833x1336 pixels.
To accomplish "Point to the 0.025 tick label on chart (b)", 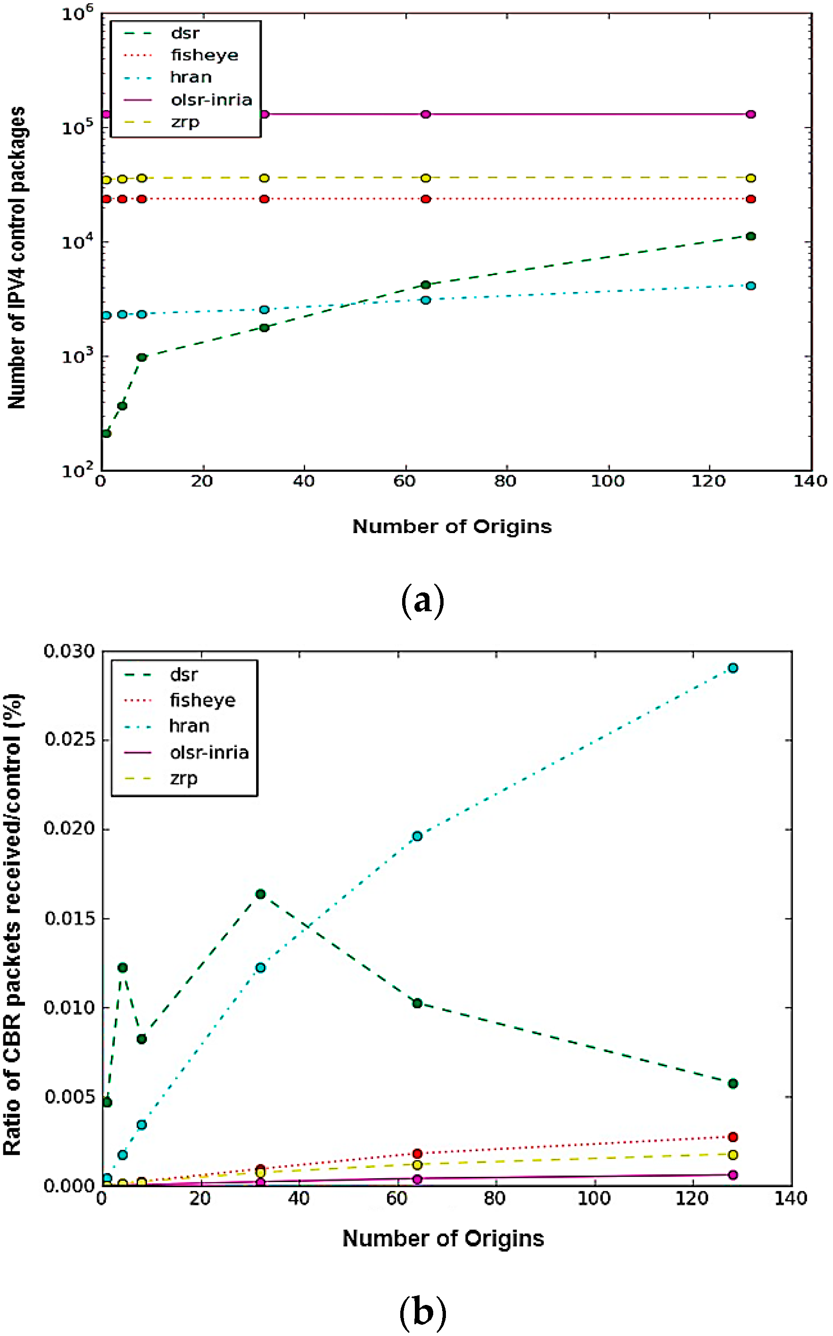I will (69, 739).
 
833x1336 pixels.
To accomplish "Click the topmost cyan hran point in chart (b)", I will (732, 668).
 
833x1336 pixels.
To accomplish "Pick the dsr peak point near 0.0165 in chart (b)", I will (260, 894).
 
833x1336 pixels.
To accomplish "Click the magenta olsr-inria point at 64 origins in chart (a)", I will (425, 114).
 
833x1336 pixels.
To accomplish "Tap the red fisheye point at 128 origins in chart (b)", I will (732, 1136).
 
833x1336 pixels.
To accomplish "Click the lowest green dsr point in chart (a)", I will (106, 434).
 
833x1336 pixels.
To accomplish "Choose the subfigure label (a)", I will (422, 601).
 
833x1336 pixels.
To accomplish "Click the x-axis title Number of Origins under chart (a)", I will (452, 526).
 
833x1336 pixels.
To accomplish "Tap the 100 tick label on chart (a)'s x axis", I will (607, 481).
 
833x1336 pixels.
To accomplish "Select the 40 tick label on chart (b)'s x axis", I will (298, 1199).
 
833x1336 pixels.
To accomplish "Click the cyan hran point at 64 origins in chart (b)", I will (417, 836).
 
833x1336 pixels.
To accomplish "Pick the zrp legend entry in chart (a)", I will (185, 122).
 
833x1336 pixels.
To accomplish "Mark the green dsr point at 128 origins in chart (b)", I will (732, 1083).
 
